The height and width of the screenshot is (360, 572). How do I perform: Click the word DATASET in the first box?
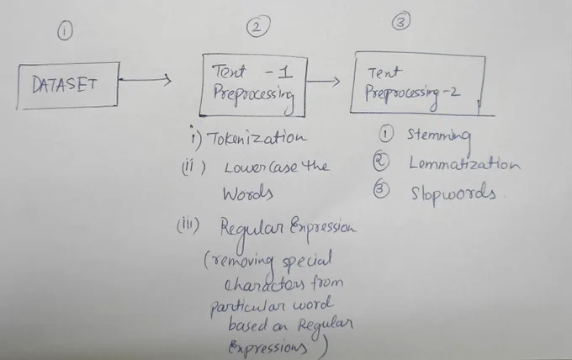point(65,85)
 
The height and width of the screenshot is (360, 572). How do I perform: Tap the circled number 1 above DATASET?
point(65,30)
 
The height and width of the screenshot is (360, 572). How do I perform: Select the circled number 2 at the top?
point(258,26)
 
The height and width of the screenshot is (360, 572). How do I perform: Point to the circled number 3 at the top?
point(401,21)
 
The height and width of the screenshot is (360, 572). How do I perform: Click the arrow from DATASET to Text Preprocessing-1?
point(145,80)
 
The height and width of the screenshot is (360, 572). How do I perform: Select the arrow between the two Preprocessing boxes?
point(323,82)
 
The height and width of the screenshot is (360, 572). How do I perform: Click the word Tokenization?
point(257,137)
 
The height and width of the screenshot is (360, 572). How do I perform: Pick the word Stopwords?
point(453,193)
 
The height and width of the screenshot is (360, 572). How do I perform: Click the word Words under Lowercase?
point(247,193)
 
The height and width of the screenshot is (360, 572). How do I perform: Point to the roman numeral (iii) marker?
point(188,225)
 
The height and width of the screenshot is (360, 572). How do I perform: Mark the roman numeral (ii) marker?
point(193,167)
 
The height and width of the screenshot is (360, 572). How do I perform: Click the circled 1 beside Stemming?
point(386,134)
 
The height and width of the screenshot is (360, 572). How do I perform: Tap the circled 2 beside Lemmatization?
point(381,161)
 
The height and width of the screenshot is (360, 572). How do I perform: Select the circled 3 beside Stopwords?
point(381,189)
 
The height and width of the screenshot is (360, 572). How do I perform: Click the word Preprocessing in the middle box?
point(253,97)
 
